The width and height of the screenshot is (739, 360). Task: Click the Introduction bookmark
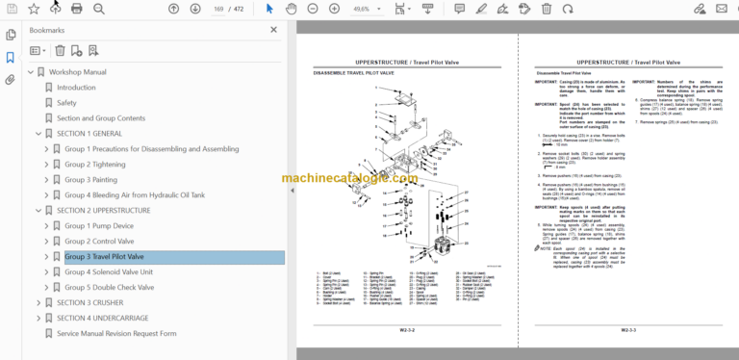76,88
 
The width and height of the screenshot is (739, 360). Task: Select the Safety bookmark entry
66,103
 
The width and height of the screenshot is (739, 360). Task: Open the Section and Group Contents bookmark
101,118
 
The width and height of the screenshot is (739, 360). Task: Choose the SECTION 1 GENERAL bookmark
89,134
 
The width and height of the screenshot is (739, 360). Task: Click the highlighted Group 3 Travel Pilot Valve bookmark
104,257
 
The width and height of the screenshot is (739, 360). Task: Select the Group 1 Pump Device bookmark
99,226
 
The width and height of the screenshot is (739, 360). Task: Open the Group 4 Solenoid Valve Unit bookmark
109,272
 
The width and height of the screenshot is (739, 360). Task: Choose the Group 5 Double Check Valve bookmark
111,288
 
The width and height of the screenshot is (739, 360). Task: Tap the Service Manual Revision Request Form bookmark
116,334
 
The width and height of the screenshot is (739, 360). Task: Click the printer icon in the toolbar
76,9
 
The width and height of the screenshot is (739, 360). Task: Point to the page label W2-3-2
407,330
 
